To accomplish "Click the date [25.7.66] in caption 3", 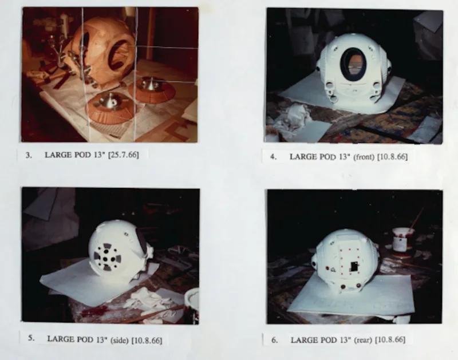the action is click(123, 155).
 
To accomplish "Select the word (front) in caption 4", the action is click(364, 157).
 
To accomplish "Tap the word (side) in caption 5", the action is click(120, 340).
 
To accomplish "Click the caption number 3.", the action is click(29, 155).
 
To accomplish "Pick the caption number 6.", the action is click(275, 340).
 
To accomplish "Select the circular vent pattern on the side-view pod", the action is click(107, 257).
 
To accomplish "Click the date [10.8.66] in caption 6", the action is click(390, 340).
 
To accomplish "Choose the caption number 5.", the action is click(31, 338).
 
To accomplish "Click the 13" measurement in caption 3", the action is click(99, 155).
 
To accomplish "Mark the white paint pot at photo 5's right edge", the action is click(192, 305).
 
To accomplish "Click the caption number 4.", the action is click(274, 157).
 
